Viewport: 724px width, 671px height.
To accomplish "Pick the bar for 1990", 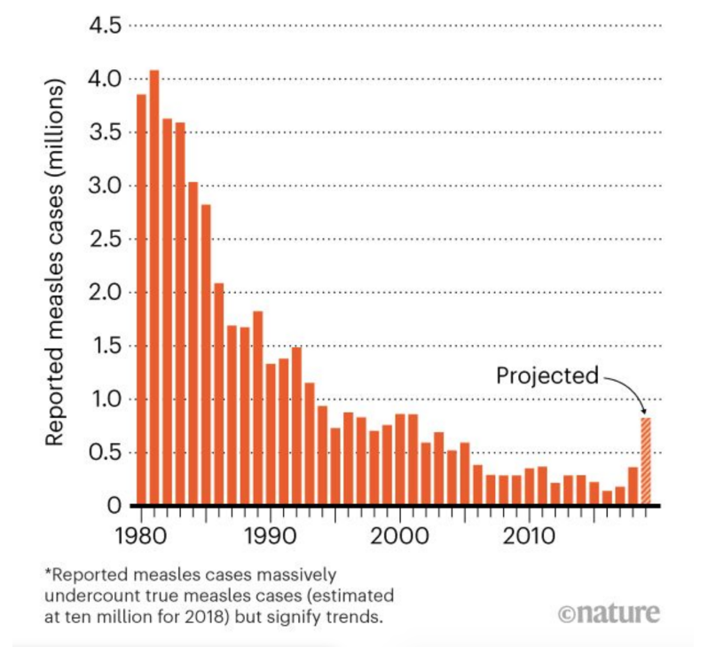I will tap(271, 434).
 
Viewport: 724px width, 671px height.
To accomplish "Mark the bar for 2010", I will tap(529, 486).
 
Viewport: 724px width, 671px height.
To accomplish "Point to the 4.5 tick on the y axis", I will tap(106, 26).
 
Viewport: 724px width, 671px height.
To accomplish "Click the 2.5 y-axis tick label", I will tap(106, 240).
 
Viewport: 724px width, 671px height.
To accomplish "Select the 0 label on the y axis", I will tap(112, 507).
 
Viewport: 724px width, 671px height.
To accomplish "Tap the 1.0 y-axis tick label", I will tap(106, 399).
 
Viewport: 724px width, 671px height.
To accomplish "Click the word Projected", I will tap(547, 375).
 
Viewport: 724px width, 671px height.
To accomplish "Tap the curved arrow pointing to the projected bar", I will tap(631, 387).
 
